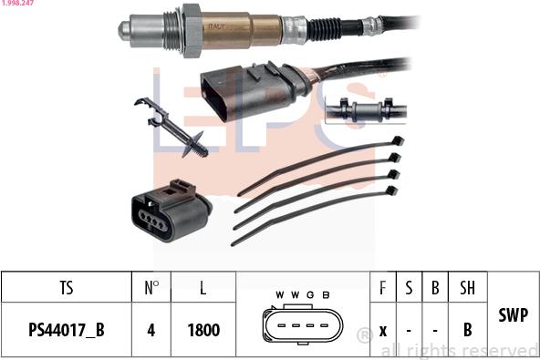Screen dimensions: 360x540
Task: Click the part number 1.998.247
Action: pos(17,5)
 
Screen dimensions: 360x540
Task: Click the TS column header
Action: pos(66,288)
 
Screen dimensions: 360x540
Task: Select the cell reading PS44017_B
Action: pos(66,330)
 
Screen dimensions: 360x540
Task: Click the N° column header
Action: pos(151,288)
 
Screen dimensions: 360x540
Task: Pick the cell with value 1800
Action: pos(202,330)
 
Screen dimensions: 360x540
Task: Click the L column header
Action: pos(202,288)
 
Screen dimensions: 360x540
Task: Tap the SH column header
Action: pos(467,288)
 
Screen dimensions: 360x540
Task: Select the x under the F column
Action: pos(383,330)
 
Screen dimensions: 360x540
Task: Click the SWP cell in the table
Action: pos(513,314)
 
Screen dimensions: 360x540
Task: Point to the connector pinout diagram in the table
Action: pos(300,324)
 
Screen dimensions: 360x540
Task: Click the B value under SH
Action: pos(467,330)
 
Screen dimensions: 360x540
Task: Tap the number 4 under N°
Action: pos(151,330)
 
